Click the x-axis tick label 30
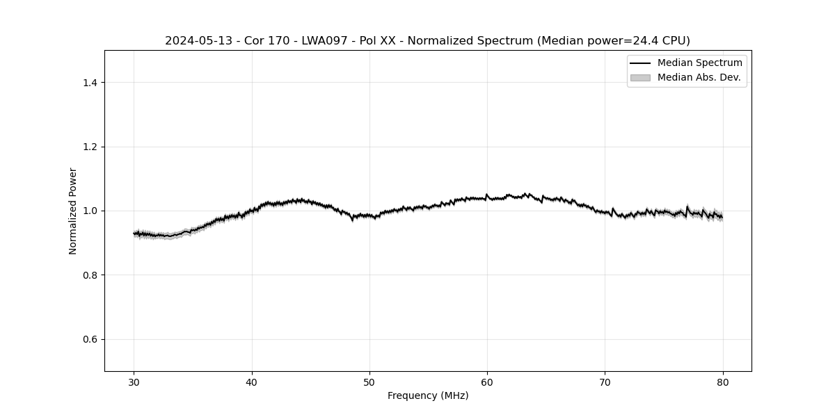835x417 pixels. point(134,382)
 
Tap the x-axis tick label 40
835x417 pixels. point(252,382)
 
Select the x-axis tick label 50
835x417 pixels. point(369,382)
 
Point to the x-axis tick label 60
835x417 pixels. point(487,382)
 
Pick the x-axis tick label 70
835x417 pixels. point(605,382)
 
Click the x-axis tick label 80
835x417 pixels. point(723,382)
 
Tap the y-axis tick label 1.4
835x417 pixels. point(90,83)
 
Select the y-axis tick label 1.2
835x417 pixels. point(90,147)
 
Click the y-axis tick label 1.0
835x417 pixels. point(90,211)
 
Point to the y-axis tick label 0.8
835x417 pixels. point(90,275)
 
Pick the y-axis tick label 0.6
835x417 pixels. point(90,339)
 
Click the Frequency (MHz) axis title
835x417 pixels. point(428,395)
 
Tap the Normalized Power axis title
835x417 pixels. point(73,211)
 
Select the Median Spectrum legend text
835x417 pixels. point(699,63)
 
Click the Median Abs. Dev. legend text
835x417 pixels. point(699,77)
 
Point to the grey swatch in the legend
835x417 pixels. point(640,78)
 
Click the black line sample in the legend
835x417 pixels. point(640,63)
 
